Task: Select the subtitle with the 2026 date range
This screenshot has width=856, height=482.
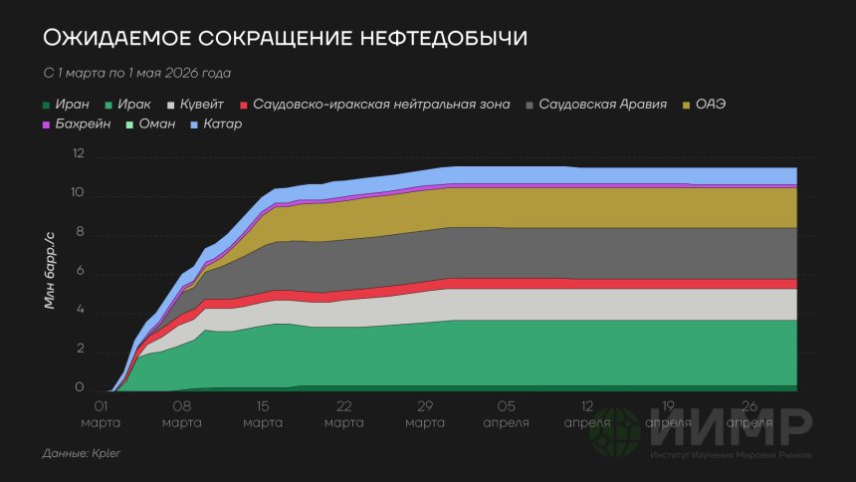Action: (x=137, y=74)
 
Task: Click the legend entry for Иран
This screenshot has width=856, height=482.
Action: (x=67, y=104)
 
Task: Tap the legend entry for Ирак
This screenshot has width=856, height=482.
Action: (x=128, y=104)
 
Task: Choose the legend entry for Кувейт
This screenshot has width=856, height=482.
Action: (x=196, y=104)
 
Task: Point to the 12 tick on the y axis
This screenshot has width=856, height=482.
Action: (x=79, y=155)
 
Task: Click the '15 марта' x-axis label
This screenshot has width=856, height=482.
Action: (x=263, y=414)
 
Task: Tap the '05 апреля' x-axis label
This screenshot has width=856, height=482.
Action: (x=507, y=414)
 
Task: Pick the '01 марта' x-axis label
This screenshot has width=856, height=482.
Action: (x=101, y=414)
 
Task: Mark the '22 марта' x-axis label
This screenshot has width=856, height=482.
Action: (x=344, y=414)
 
